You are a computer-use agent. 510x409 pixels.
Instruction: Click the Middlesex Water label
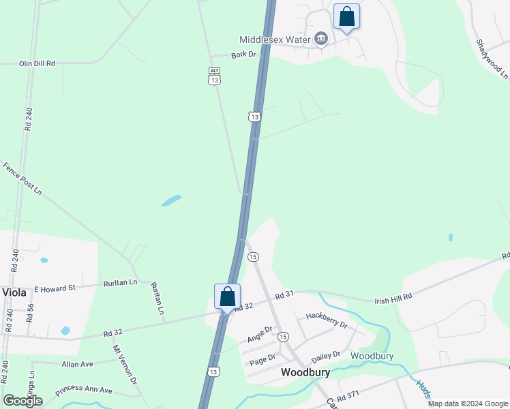click(275, 40)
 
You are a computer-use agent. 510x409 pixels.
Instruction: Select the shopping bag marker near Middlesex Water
click(346, 17)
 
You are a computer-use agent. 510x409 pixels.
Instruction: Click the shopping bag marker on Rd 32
click(227, 297)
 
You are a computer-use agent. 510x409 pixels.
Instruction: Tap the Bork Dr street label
click(243, 55)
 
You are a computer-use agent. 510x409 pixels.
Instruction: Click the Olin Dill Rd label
click(37, 63)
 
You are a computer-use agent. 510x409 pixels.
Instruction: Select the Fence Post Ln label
click(22, 179)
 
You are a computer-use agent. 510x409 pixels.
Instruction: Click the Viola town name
click(14, 292)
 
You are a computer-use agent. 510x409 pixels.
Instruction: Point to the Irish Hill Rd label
click(393, 299)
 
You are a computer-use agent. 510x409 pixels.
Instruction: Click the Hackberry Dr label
click(327, 320)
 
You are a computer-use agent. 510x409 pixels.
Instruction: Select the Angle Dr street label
click(260, 334)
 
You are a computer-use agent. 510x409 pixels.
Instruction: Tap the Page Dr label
click(262, 357)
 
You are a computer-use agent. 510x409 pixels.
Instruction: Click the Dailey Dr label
click(325, 358)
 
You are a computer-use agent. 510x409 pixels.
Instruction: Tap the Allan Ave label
click(77, 364)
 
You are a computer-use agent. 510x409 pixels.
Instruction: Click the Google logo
click(22, 401)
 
